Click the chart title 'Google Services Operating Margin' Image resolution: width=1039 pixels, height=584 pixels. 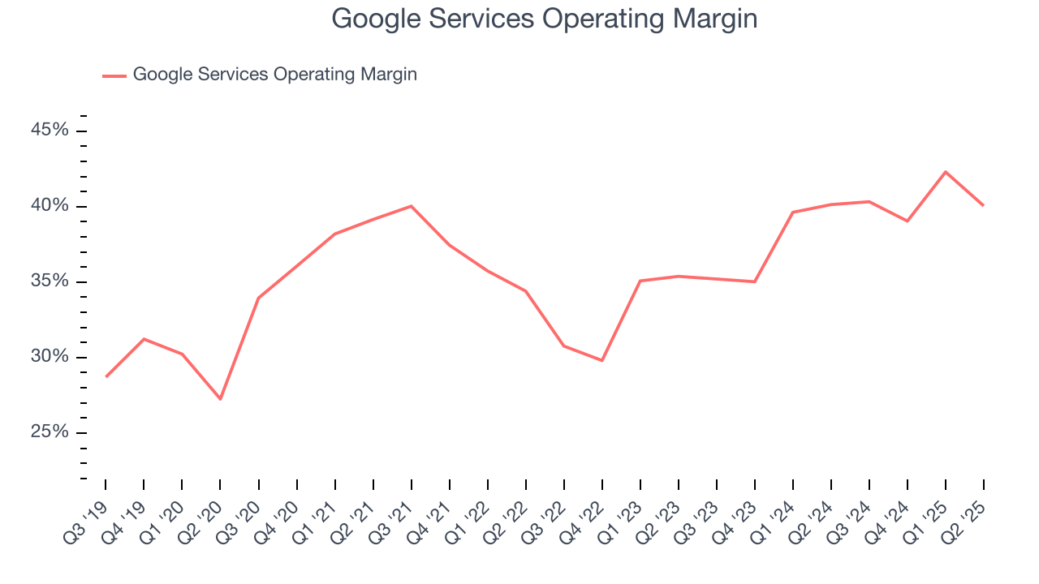coord(545,19)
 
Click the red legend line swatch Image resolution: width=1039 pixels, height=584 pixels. coord(114,75)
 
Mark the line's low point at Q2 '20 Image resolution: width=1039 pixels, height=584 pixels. coord(220,398)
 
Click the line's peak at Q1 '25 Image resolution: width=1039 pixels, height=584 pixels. coord(946,172)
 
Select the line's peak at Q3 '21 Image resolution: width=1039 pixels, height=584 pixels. coord(412,206)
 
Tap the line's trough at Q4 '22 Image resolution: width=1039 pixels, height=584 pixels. coord(602,360)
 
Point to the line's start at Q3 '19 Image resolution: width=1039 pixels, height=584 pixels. coord(106,377)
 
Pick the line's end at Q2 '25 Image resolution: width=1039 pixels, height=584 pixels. coord(984,205)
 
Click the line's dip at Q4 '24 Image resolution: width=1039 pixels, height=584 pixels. coord(908,221)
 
